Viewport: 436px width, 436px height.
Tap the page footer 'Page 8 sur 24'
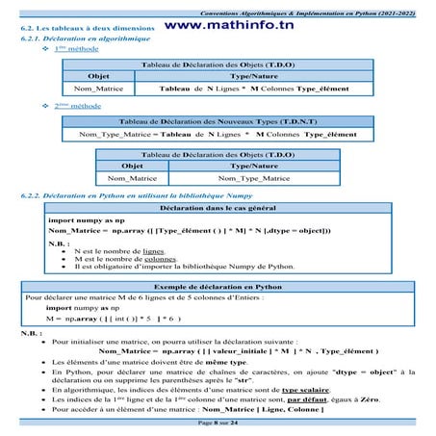pos(220,423)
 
